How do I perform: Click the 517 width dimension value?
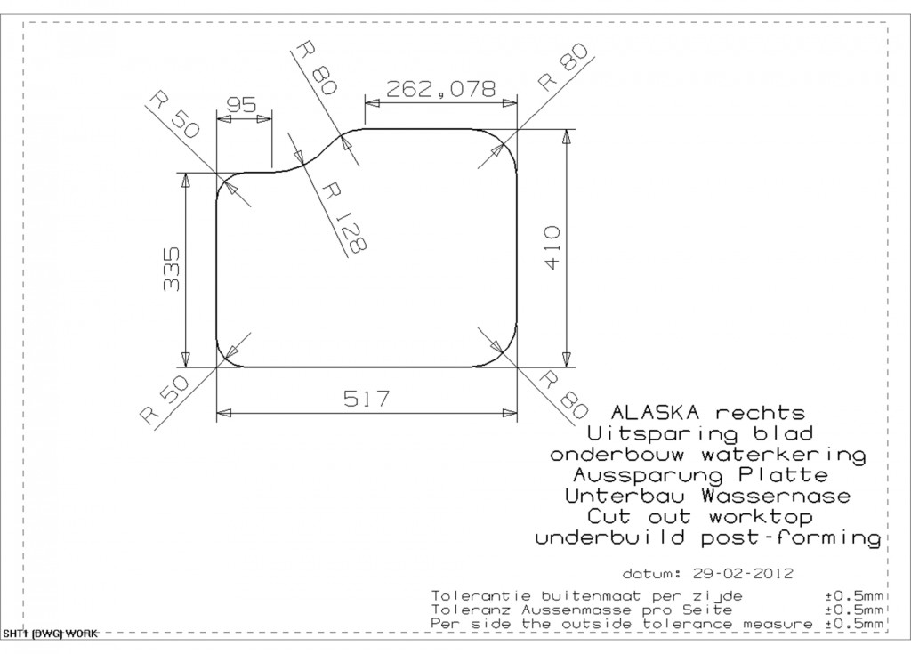click(x=367, y=399)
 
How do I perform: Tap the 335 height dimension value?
click(x=172, y=269)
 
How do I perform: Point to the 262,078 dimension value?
click(x=441, y=88)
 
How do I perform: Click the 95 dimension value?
click(x=241, y=105)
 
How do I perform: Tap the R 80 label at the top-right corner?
click(x=564, y=67)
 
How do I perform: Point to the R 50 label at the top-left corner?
click(x=173, y=115)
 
